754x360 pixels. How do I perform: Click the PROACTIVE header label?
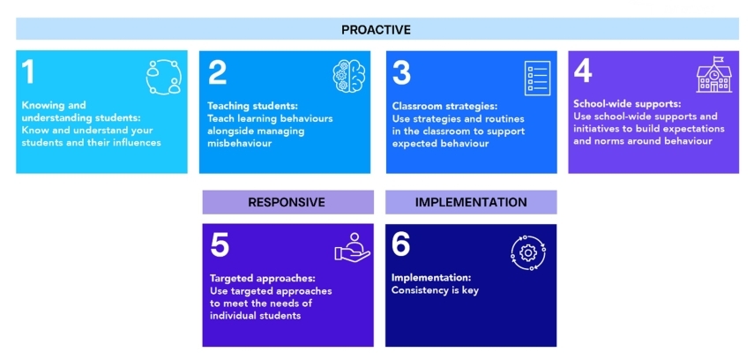coord(376,30)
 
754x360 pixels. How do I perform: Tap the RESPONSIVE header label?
coord(287,202)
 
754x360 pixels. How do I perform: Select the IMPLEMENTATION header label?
coord(471,202)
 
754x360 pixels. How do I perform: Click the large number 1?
coord(28,72)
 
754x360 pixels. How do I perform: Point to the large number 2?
coord(217,72)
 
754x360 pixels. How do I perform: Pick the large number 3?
coord(402,72)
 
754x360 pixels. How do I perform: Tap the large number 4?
coord(583,71)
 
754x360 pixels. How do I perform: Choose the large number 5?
coord(220,245)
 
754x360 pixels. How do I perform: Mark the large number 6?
coord(401,245)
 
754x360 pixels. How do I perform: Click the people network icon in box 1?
coord(163,77)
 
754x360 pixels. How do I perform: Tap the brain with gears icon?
coord(349,77)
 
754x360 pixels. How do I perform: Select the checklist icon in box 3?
coord(537,78)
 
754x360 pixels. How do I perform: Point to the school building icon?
coord(714,75)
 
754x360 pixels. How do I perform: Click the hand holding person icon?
coord(353,247)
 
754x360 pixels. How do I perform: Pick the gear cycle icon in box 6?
coord(528,252)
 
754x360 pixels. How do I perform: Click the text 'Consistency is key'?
coord(435,290)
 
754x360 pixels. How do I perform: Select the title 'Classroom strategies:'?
coord(444,106)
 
